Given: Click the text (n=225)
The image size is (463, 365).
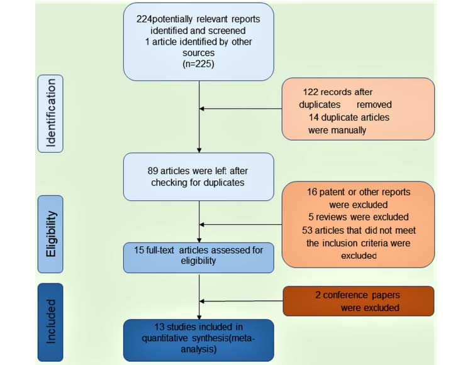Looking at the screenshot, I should [x=198, y=63].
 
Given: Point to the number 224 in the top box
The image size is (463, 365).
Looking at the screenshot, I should [x=143, y=19].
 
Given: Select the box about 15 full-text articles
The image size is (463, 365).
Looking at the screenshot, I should [x=198, y=257].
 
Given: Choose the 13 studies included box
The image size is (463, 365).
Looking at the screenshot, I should [x=198, y=339].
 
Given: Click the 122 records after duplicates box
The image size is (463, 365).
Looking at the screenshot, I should [x=357, y=108].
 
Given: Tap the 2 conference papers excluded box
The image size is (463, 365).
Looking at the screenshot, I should [x=357, y=301].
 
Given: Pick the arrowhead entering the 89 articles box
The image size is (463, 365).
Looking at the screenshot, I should [x=199, y=150].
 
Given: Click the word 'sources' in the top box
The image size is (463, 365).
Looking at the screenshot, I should [x=199, y=52].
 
